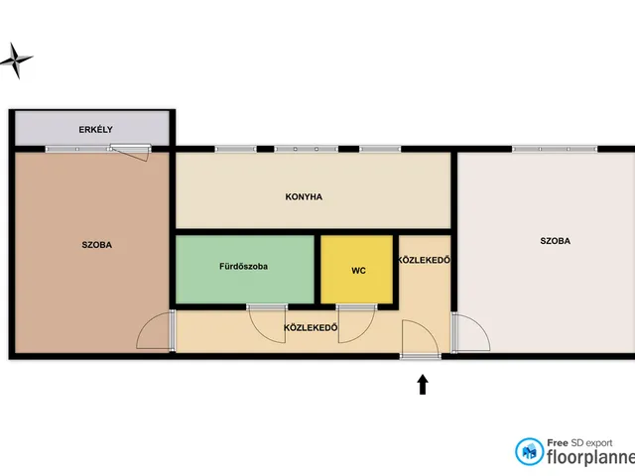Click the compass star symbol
coord(16,60)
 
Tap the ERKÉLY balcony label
coord(95,130)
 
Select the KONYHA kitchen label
coord(304,197)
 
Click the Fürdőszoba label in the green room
coord(243,267)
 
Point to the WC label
coord(358,271)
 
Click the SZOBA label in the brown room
coord(97,245)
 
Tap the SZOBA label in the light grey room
coord(556,241)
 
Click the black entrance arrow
coord(423,384)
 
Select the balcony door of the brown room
coord(130,152)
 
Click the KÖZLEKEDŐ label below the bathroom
coord(311,328)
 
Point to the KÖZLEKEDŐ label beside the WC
coord(424,260)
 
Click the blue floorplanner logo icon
coord(529,451)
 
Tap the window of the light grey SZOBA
coord(555,149)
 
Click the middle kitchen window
coord(306,149)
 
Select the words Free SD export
coord(579,443)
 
